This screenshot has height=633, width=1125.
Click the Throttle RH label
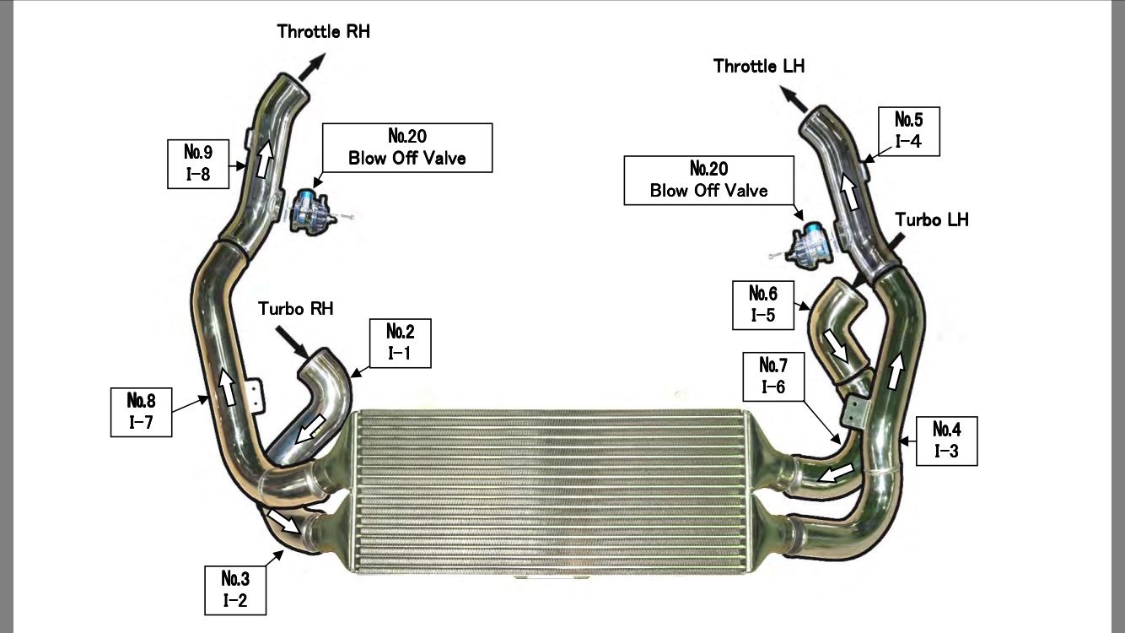(x=324, y=33)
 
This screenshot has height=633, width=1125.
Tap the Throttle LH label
(x=759, y=65)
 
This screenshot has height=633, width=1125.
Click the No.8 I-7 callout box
(x=142, y=411)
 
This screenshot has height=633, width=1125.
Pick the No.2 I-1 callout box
(x=399, y=342)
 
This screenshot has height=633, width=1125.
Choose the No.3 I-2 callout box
(x=234, y=589)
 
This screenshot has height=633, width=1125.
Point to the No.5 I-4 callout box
(x=907, y=130)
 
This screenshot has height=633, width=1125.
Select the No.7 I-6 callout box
(x=773, y=376)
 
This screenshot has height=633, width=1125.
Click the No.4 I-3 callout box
(x=946, y=440)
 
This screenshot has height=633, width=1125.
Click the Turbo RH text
(x=296, y=309)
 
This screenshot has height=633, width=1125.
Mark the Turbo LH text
(x=932, y=219)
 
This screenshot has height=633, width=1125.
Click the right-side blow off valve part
(x=805, y=241)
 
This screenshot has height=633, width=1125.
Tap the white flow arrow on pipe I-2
(x=283, y=520)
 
